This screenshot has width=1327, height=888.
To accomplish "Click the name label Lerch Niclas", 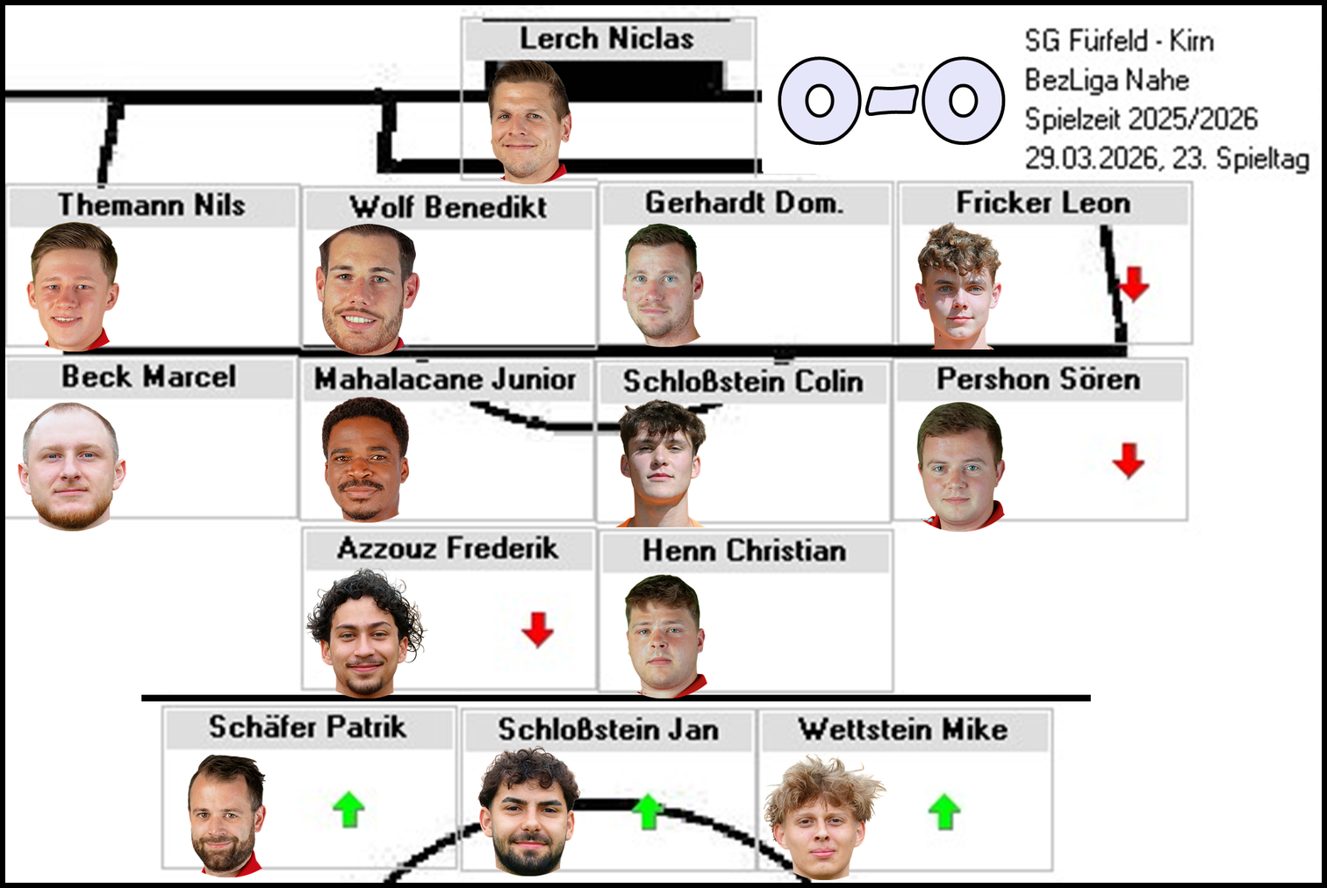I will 606,39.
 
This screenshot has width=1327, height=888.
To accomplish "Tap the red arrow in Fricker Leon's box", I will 1134,284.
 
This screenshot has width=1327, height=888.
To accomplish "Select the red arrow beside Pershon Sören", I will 1129,460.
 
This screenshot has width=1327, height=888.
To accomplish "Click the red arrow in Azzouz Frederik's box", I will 537,629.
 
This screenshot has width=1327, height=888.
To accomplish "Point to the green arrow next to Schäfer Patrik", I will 348,809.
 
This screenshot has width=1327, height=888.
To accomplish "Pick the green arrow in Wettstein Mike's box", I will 944,812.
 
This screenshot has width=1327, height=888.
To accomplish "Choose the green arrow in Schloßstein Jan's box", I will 648,812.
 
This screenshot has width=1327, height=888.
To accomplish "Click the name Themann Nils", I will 151,205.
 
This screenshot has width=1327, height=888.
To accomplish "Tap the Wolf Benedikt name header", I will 448,208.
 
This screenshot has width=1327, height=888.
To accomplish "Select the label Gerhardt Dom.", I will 744,204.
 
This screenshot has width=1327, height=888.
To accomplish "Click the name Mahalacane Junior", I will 445,379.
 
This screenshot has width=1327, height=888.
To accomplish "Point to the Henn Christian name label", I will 744,551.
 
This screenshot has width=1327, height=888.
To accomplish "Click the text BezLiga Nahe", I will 1107,81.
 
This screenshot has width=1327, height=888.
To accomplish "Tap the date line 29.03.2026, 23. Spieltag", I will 1166,159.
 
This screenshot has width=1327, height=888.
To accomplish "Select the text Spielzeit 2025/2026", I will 1141,119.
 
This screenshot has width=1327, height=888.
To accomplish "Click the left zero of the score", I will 820,101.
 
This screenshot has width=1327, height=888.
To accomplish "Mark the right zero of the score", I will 963,101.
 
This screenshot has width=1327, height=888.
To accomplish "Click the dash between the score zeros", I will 892,101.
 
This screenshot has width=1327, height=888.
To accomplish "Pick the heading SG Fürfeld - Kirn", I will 1119,41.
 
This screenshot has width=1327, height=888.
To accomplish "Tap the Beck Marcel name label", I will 148,377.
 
